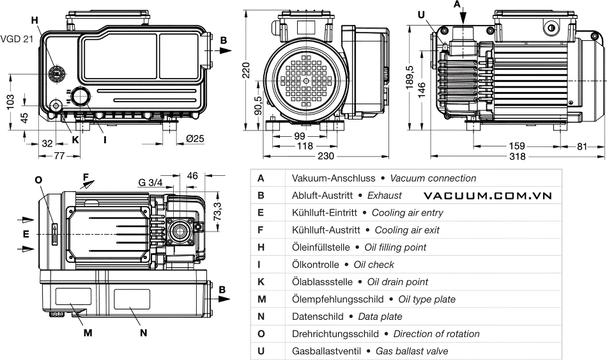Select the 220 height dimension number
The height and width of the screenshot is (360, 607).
tap(246, 71)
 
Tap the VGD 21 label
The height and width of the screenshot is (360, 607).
tap(15, 40)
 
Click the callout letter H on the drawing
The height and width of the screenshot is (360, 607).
tap(35, 20)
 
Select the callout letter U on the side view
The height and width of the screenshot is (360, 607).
tap(420, 15)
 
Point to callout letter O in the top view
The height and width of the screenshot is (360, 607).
tap(40, 180)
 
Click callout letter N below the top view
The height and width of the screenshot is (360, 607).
tap(143, 333)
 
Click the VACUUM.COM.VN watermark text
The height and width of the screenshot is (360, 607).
tap(487, 196)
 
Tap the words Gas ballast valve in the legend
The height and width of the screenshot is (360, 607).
tap(411, 351)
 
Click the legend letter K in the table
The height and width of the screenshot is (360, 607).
tap(261, 282)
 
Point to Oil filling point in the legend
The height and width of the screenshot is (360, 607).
tap(395, 247)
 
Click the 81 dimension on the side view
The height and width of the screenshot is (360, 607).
tap(581, 146)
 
